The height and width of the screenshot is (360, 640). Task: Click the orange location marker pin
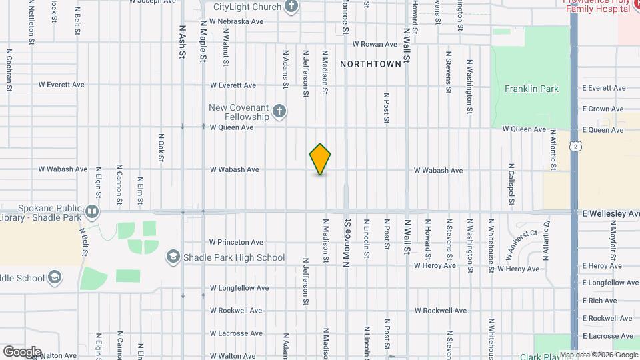click(321, 159)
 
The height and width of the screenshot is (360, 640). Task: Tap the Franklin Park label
click(531, 89)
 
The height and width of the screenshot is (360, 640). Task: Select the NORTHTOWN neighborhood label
click(371, 64)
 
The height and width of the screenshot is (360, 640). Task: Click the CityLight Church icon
click(291, 7)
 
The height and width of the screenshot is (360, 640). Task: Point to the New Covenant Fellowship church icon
click(279, 111)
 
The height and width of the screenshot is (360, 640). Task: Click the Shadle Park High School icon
click(173, 257)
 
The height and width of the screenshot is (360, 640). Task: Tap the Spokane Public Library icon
click(92, 213)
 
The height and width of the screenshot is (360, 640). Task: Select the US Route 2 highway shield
click(574, 146)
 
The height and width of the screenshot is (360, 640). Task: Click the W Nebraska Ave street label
click(237, 21)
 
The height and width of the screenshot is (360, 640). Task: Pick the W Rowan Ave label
click(375, 44)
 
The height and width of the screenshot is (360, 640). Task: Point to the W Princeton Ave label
click(237, 242)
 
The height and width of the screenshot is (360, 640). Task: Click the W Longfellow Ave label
click(239, 288)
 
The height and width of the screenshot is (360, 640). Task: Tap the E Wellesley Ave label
click(611, 213)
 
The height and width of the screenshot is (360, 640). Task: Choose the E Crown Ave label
click(602, 109)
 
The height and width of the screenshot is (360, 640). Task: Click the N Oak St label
click(161, 147)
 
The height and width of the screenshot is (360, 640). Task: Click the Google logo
click(22, 352)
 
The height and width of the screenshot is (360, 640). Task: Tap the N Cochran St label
click(9, 69)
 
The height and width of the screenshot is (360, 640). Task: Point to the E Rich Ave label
click(599, 301)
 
